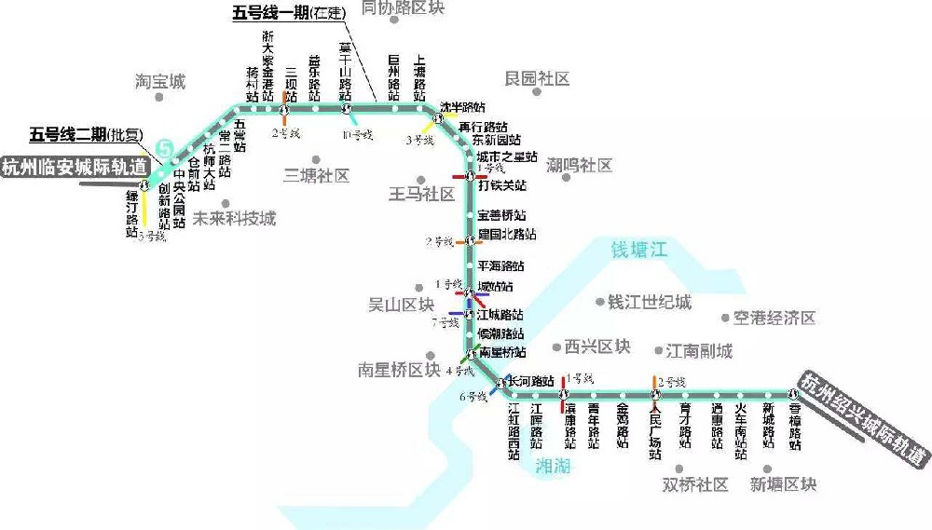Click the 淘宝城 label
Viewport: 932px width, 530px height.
point(160,82)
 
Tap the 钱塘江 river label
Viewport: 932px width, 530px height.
point(639,250)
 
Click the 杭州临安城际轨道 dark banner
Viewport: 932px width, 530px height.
point(75,169)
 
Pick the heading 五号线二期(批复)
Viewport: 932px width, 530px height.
point(86,133)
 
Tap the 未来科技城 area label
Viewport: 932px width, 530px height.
point(234,220)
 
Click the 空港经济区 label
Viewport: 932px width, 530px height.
point(774,319)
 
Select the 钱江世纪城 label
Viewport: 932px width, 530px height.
point(650,303)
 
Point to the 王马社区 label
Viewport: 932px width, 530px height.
point(421,195)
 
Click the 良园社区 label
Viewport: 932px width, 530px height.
point(537,79)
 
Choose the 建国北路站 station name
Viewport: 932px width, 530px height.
point(507,234)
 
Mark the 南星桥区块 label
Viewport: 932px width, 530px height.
point(398,370)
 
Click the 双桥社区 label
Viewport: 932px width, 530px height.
point(694,484)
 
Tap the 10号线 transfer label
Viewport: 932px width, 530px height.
point(357,135)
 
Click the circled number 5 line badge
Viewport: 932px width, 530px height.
point(165,147)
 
